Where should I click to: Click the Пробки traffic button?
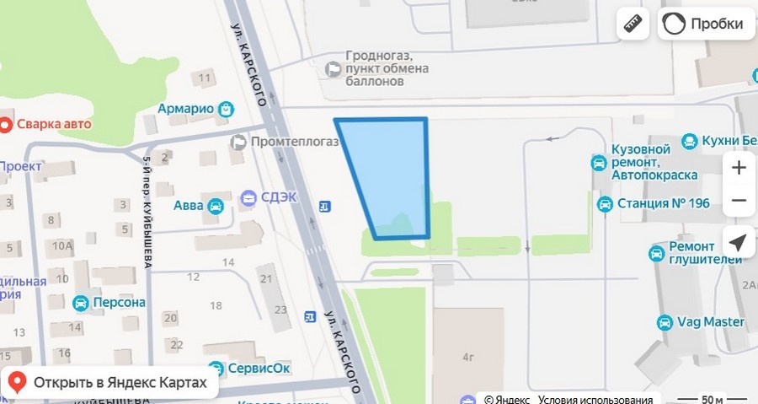tap(705, 24)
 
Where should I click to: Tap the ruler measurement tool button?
tap(633, 24)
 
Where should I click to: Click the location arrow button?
tap(739, 244)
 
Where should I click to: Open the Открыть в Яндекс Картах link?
tap(110, 383)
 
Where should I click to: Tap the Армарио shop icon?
tap(226, 109)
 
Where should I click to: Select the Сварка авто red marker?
tap(6, 125)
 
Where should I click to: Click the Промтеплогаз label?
tap(295, 142)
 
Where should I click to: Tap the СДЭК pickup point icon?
tap(249, 198)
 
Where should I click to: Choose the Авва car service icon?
tap(216, 204)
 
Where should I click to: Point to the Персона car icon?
tap(81, 303)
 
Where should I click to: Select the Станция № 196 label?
tap(664, 203)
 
